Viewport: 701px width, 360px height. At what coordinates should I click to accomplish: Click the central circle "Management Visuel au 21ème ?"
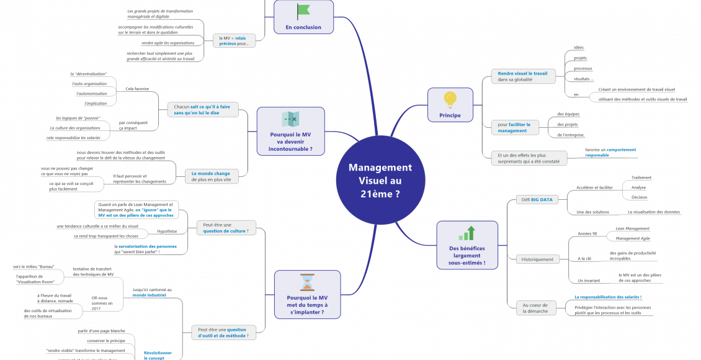tap(380, 181)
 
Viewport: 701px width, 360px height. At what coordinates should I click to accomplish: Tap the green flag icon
tap(303, 11)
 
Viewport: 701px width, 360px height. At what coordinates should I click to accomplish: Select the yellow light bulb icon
tap(450, 99)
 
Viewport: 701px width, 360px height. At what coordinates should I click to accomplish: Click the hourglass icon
tap(307, 283)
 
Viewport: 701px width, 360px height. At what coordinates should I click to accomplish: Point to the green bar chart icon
tap(467, 233)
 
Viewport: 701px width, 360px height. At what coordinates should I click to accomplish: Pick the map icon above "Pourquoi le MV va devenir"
tap(290, 119)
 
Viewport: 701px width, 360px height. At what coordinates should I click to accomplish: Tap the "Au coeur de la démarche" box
tap(537, 308)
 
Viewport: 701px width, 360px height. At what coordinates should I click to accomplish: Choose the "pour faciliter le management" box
tap(514, 127)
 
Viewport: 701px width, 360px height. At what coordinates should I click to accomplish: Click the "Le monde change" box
tap(211, 176)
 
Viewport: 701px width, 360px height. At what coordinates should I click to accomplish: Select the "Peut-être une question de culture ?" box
tap(226, 228)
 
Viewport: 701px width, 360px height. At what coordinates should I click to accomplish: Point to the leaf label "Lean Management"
tap(632, 228)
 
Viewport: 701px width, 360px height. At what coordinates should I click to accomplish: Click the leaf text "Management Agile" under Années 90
tap(632, 238)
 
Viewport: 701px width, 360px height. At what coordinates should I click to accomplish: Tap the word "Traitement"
tap(641, 178)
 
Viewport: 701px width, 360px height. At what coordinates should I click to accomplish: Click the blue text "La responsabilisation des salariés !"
tap(608, 297)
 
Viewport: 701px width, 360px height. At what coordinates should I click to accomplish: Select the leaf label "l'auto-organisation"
tap(89, 83)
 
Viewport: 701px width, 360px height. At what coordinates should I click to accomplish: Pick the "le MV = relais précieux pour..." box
tap(234, 40)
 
